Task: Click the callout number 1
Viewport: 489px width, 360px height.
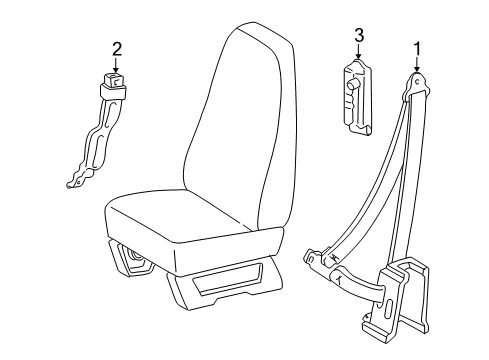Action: point(417,48)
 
